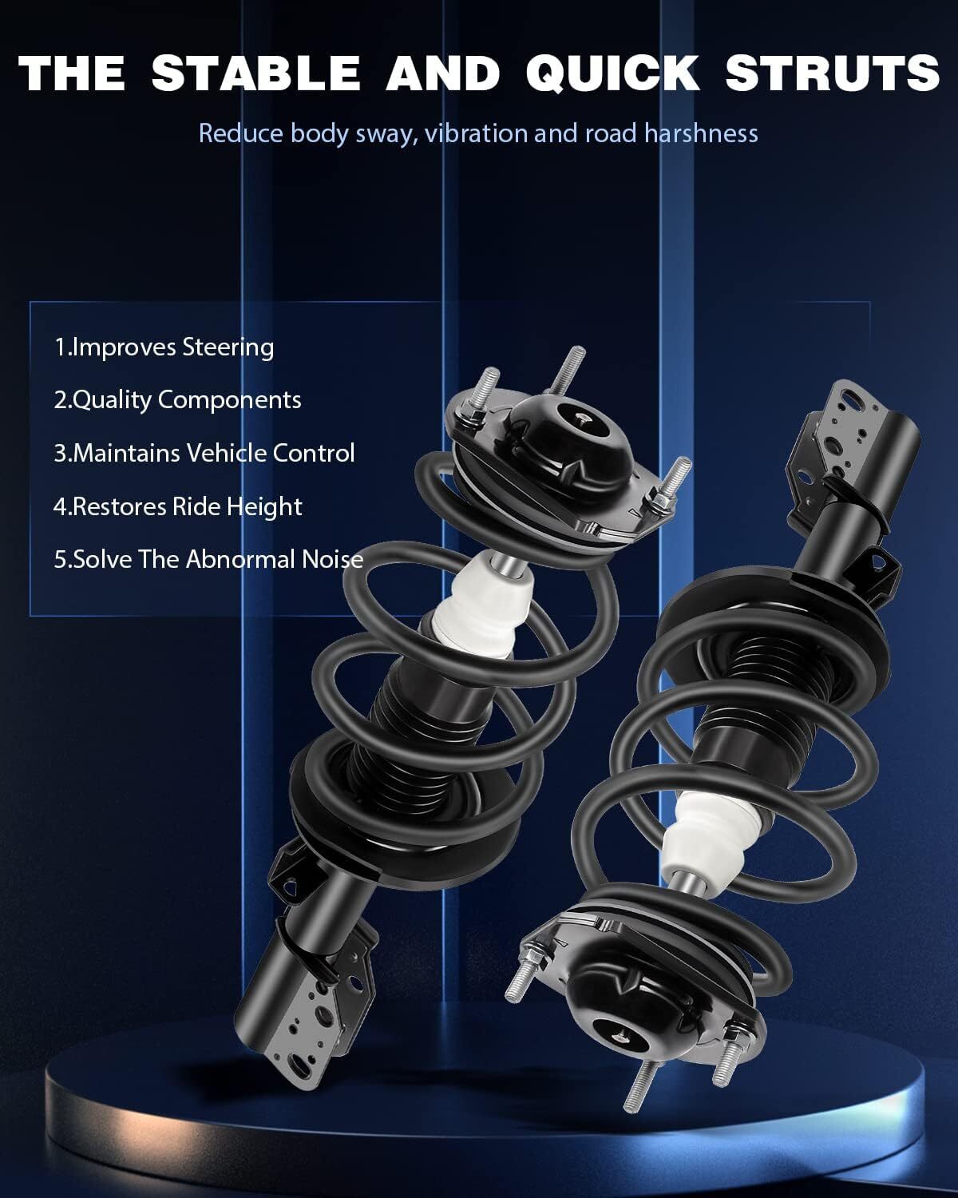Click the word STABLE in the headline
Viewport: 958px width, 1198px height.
tap(256, 73)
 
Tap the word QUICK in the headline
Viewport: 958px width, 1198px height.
tap(612, 73)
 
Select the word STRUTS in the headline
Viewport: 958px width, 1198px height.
tap(833, 73)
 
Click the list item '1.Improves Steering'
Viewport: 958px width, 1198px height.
tap(164, 347)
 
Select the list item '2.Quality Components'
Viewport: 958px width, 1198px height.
tap(177, 400)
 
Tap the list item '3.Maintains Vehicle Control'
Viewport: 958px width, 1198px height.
tap(204, 453)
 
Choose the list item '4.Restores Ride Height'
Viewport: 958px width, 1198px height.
tap(178, 506)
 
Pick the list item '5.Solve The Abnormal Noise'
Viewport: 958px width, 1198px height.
tap(208, 560)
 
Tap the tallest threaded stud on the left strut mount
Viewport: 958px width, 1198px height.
tap(567, 371)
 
